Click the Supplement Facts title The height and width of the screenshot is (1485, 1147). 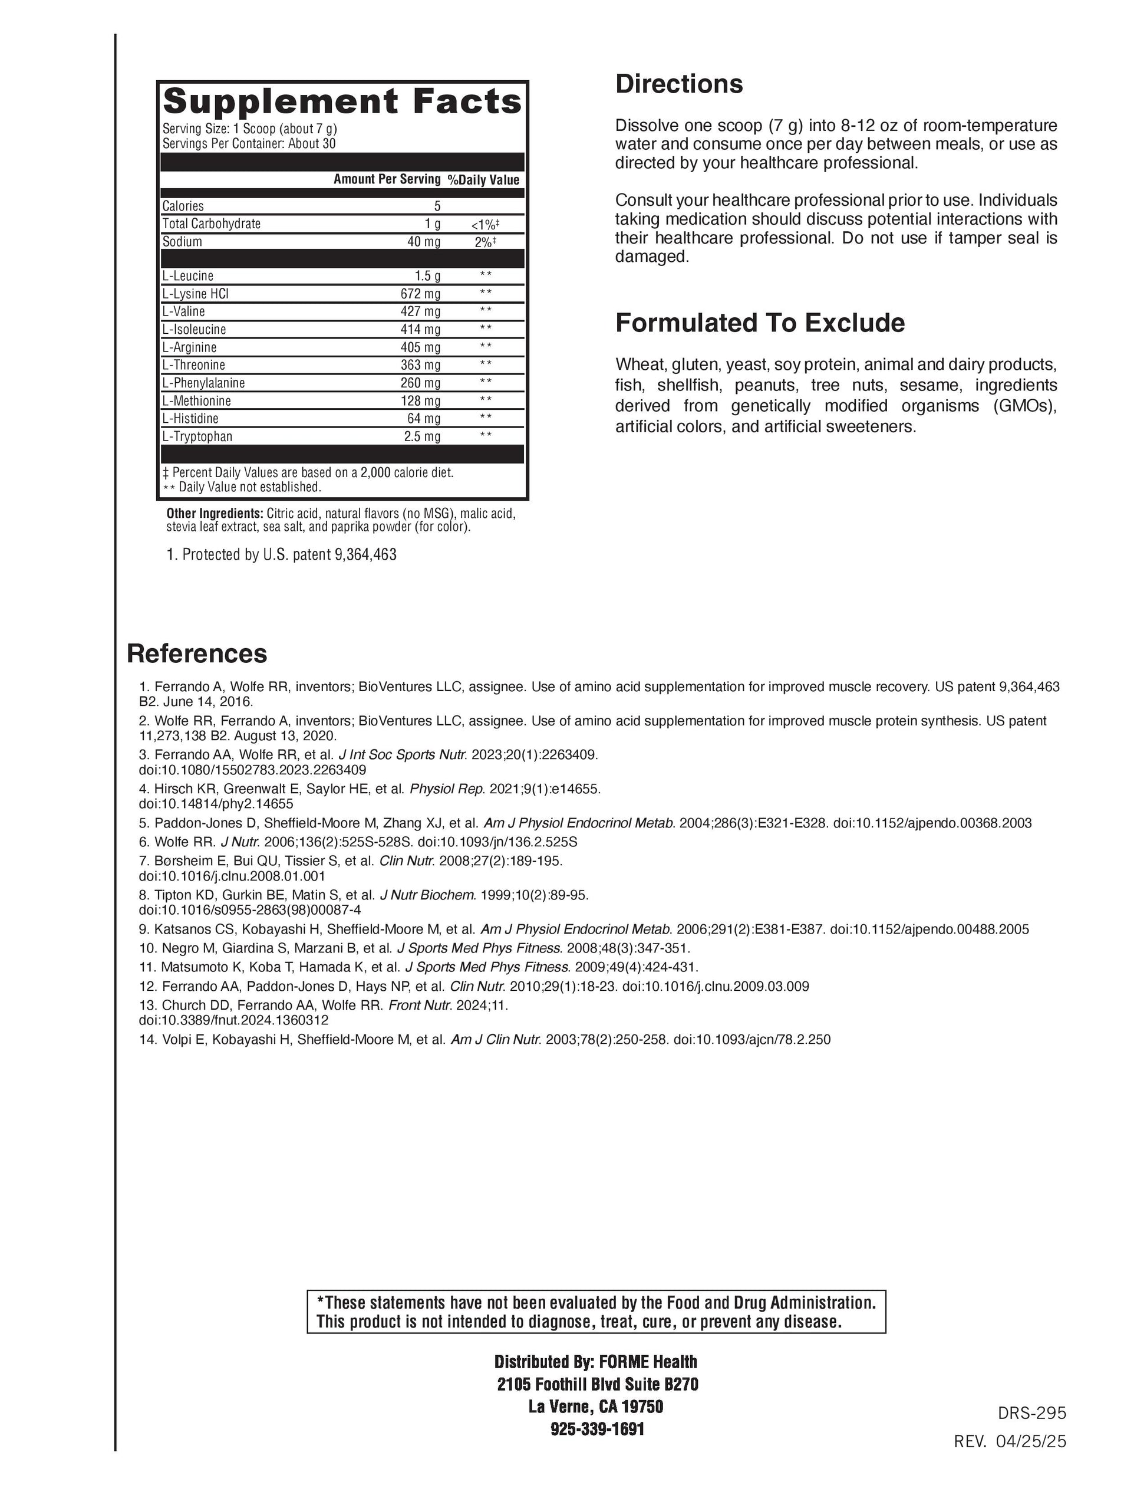coord(342,102)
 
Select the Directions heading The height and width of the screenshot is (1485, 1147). coord(679,84)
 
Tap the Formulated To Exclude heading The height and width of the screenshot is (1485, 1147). coord(760,323)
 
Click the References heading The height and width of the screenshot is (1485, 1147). coord(197,653)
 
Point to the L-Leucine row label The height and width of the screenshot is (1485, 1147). coord(187,276)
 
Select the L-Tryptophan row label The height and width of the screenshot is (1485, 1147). coord(197,436)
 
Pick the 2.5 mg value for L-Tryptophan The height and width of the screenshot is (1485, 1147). coord(422,436)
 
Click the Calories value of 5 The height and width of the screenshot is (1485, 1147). coord(437,206)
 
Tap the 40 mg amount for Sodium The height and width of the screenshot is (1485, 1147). coord(423,242)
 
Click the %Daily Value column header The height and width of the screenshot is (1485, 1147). coord(483,180)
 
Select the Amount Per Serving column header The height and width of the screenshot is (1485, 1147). coord(387,179)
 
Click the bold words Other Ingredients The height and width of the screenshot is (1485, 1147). coord(215,513)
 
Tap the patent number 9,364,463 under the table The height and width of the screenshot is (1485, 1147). coord(365,555)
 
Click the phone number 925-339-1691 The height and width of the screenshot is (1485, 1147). coord(596,1428)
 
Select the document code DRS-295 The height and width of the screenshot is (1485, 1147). coord(1031,1413)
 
